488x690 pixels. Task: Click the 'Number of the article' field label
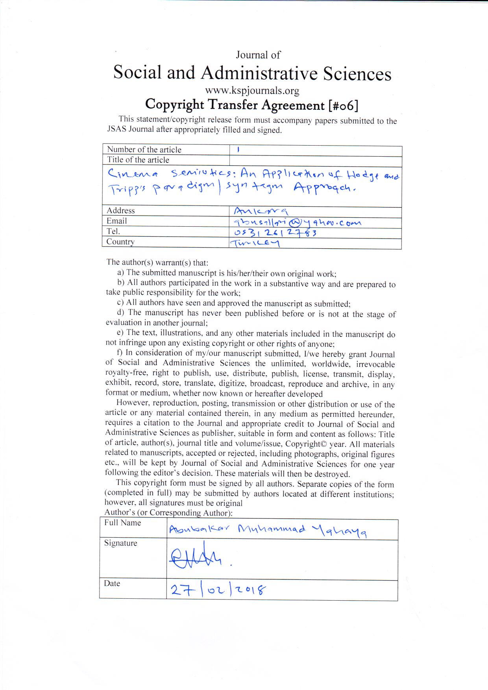144,150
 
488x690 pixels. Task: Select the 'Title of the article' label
138,160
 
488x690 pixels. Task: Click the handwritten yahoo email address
298,222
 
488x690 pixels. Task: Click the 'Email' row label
116,221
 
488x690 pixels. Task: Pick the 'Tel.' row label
113,231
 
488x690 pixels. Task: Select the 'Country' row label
120,242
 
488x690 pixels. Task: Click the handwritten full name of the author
268,531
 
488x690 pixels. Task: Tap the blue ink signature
197,558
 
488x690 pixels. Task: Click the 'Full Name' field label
122,523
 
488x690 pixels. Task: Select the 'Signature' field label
120,543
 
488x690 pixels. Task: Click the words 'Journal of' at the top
258,55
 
